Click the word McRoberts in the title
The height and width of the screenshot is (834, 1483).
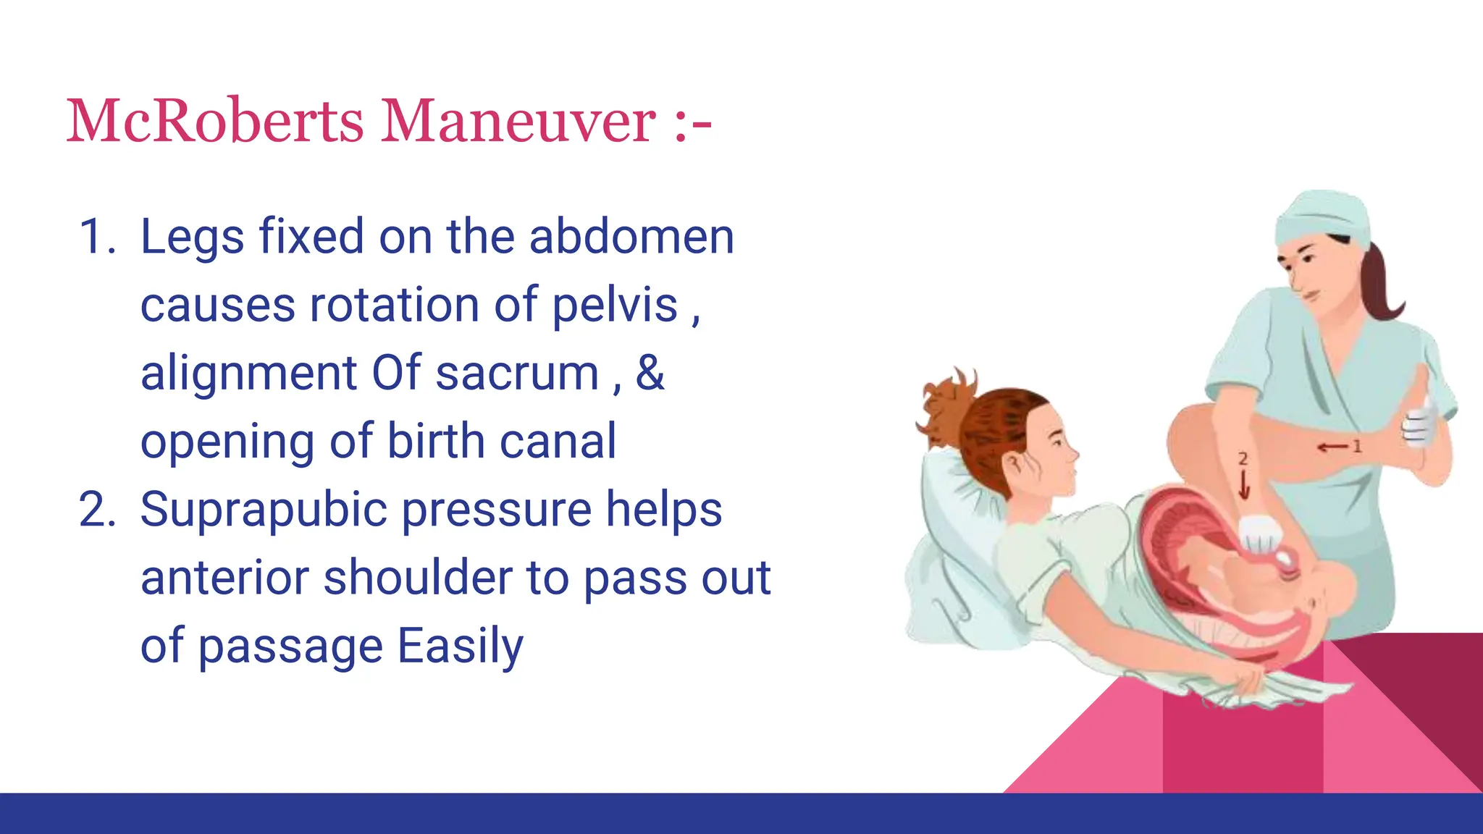214,121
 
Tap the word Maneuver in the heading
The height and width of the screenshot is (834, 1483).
518,121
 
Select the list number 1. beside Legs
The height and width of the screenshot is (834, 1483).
97,237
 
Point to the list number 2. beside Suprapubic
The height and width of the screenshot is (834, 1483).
97,510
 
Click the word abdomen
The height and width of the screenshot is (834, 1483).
631,237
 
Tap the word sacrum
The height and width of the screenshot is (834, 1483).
517,374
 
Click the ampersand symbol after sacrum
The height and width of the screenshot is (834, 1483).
650,374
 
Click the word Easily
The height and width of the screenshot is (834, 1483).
460,646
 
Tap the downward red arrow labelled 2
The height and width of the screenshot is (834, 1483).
1243,484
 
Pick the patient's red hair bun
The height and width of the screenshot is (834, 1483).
944,405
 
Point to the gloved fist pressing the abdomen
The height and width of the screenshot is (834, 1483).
1260,534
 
